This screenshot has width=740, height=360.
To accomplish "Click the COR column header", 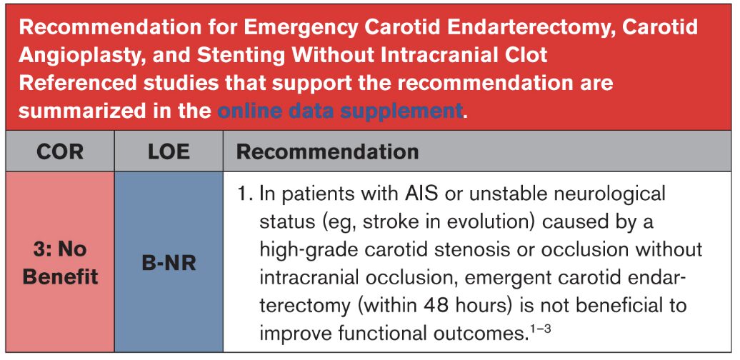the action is [x=60, y=152].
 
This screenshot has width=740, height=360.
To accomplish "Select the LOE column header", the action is [x=169, y=152].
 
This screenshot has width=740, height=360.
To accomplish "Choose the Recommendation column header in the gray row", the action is [x=328, y=152].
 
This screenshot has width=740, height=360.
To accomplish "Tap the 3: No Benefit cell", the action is [x=60, y=263].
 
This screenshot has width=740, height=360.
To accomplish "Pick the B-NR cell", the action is [x=169, y=263].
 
